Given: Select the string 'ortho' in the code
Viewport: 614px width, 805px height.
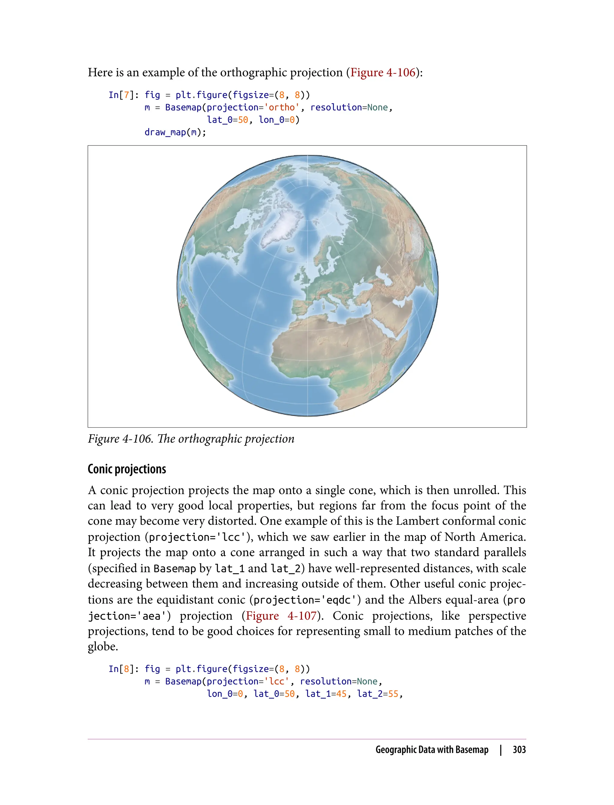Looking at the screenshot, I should coord(282,107).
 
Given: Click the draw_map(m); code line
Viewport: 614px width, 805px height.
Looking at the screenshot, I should coord(175,132).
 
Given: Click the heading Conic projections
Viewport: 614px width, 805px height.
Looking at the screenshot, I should coord(127,469).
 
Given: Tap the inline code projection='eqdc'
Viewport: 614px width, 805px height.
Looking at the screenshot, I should coord(307,600).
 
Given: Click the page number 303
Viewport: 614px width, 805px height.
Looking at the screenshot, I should coord(519,750).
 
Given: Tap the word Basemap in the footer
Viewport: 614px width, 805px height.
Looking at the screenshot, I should coord(472,750).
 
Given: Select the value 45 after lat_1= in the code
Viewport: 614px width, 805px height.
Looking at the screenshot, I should coord(341,694).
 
